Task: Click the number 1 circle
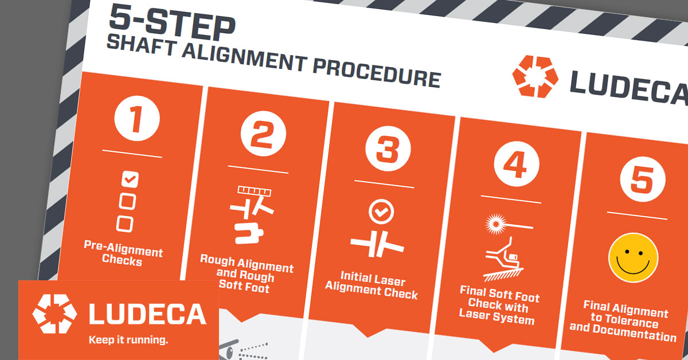click(137, 118)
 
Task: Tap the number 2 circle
click(263, 134)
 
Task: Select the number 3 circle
click(388, 148)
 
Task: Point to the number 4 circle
click(517, 164)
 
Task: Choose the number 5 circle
click(643, 179)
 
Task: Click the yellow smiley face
click(634, 258)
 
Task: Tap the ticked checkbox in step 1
click(130, 179)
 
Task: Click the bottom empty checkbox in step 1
click(125, 224)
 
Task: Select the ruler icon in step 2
click(255, 191)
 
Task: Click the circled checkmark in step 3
click(381, 212)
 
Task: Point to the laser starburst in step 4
click(496, 224)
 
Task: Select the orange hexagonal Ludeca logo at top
click(535, 76)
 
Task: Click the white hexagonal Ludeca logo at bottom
click(54, 314)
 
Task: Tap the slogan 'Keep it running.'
click(128, 340)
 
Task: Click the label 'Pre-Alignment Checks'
click(123, 253)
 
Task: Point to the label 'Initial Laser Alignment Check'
click(372, 285)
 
